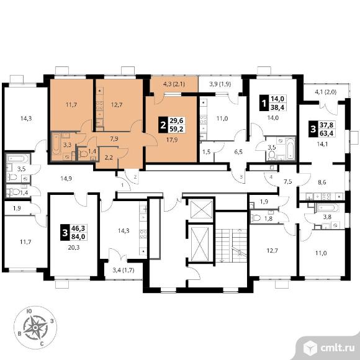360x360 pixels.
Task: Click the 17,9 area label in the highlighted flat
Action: [x=172, y=140]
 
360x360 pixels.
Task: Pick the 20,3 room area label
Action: [x=74, y=248]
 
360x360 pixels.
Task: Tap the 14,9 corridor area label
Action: [x=66, y=178]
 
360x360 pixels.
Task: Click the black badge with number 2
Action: [x=163, y=125]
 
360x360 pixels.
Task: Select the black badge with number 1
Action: [x=264, y=103]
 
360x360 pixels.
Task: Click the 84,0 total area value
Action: [x=78, y=236]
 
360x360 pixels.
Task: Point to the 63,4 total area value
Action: [x=326, y=133]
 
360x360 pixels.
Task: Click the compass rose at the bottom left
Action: [x=35, y=328]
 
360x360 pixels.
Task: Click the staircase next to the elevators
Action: [x=231, y=246]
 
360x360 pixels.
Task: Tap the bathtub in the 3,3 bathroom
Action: [x=56, y=144]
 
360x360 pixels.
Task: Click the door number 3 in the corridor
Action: [x=241, y=177]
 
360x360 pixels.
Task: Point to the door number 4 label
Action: [x=271, y=177]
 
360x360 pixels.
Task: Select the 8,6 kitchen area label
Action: [x=322, y=182]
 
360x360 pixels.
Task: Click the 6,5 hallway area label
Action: [x=238, y=152]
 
